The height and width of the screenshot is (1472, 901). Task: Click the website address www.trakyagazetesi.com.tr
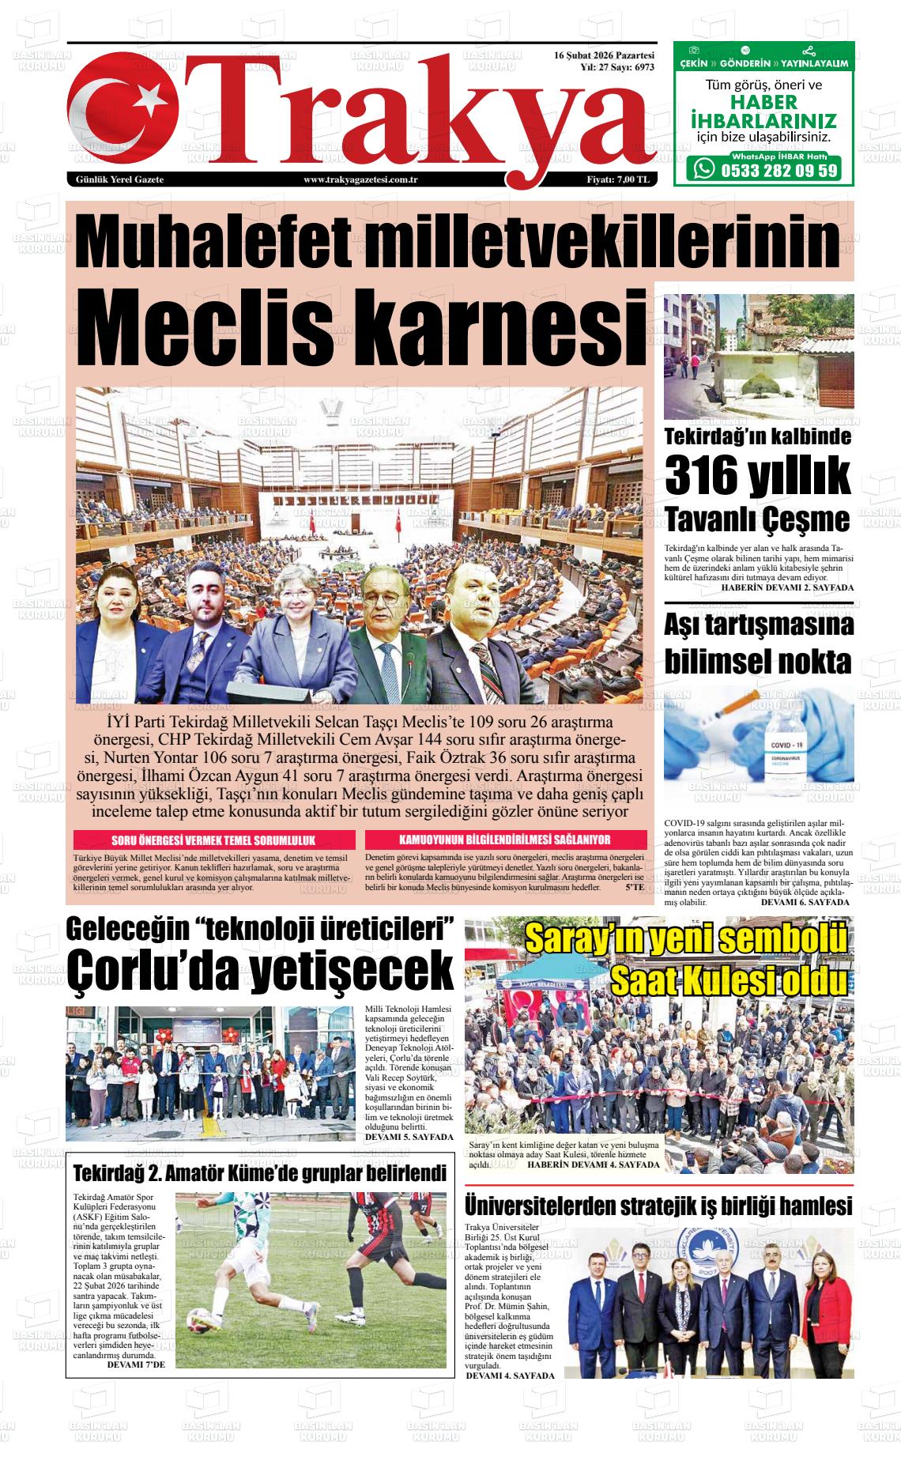tap(360, 180)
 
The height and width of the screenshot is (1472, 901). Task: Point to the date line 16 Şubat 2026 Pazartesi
tap(605, 56)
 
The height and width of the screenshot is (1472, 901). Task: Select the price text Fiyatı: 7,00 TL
tap(618, 180)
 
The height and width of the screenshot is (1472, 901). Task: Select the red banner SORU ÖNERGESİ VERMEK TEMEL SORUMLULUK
tap(214, 840)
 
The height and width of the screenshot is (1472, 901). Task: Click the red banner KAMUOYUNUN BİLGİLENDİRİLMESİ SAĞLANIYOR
tap(505, 840)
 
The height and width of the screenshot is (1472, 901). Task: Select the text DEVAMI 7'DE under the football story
tap(135, 1364)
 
